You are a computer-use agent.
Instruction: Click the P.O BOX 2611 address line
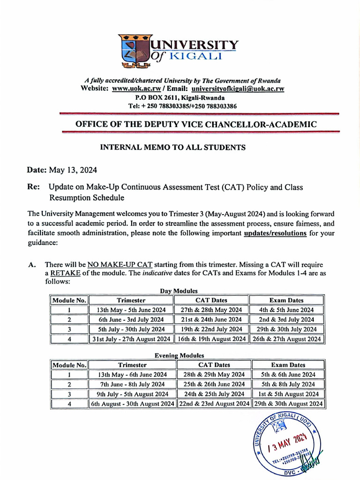point(180,97)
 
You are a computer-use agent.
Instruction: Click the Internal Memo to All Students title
point(173,147)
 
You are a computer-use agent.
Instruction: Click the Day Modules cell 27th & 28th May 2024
point(211,310)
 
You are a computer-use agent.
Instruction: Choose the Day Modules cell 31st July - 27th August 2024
point(131,338)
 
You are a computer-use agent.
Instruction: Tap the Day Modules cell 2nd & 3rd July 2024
point(286,319)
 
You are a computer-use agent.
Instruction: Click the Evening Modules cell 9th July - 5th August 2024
point(132,394)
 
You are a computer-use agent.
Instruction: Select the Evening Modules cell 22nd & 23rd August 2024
point(214,403)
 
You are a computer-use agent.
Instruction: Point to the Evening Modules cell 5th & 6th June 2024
point(288,375)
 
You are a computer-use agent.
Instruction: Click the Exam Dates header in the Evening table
point(288,365)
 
